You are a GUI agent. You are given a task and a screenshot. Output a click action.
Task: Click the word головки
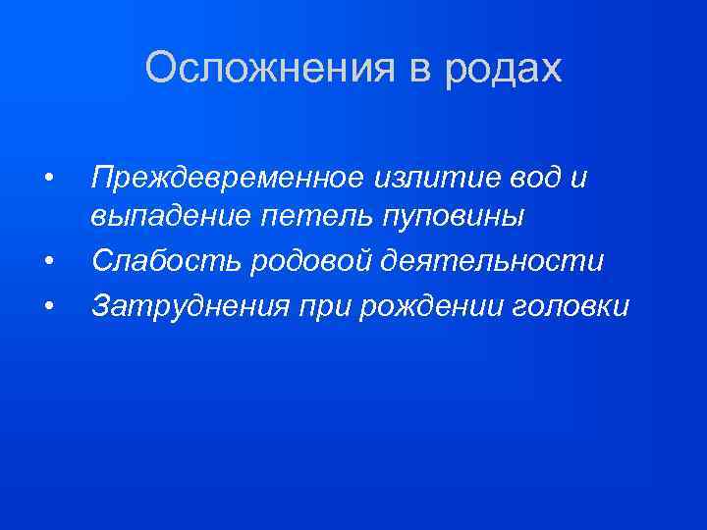[571, 306]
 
